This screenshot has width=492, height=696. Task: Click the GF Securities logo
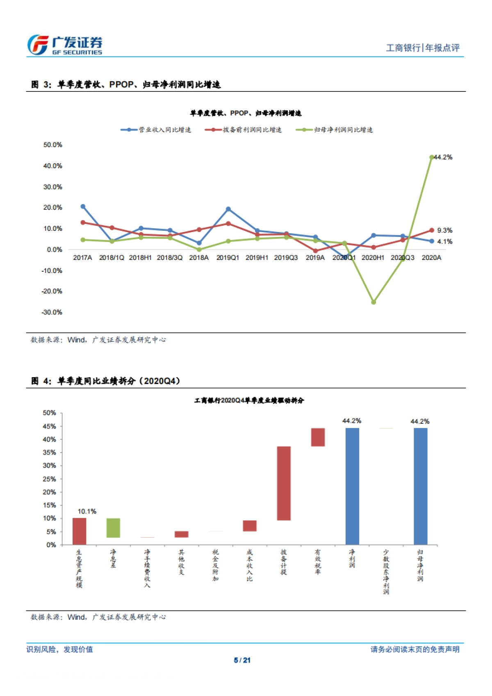click(65, 45)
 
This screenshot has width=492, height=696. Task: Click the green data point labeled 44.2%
click(432, 157)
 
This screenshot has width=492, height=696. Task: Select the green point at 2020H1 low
click(374, 302)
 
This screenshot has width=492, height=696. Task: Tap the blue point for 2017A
click(83, 207)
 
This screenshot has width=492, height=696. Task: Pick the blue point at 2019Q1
click(228, 209)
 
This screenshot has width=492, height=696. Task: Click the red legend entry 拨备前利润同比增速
click(244, 130)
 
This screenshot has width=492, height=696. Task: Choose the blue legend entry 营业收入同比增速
click(156, 130)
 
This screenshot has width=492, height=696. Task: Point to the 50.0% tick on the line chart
click(53, 145)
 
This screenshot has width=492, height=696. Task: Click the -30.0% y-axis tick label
click(52, 312)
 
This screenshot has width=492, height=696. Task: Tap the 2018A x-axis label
click(199, 258)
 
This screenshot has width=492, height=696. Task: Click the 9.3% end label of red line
click(444, 230)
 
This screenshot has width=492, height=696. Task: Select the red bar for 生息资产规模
click(80, 531)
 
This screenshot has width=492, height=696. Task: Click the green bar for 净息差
click(113, 528)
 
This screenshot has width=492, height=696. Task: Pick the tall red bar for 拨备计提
click(284, 483)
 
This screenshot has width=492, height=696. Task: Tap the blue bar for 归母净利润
click(420, 486)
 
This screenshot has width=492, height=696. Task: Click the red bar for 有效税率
click(318, 437)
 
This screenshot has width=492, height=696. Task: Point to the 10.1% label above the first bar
click(87, 512)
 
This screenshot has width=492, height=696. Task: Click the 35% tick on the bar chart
click(50, 453)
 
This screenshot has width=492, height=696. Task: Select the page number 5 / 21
click(242, 660)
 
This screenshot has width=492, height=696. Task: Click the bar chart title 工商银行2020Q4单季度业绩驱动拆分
click(249, 400)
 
